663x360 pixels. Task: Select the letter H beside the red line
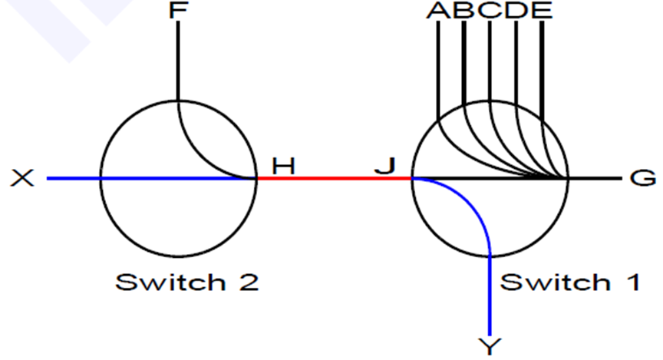(283, 164)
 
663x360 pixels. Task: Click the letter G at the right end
(643, 178)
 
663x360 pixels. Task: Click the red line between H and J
(334, 178)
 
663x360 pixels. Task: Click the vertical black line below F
(178, 61)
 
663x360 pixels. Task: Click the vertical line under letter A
(438, 69)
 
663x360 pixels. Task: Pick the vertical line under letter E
(542, 69)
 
